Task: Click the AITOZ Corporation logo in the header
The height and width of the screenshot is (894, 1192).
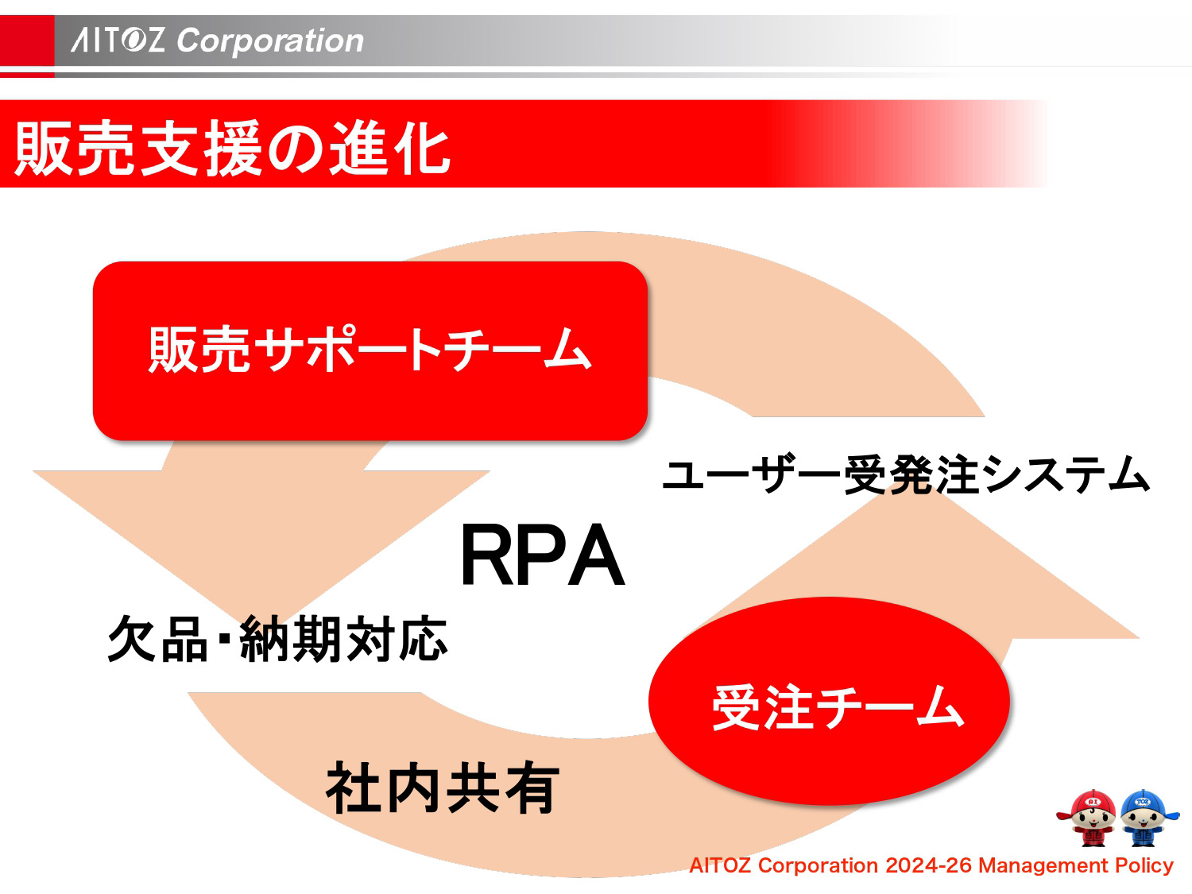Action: pos(217,41)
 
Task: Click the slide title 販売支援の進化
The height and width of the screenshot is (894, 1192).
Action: pos(232,149)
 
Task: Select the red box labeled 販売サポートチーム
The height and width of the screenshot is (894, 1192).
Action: pos(370,350)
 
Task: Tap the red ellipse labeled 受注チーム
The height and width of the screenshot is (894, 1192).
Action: pos(829,702)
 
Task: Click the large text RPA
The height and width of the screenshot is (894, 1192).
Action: pos(542,556)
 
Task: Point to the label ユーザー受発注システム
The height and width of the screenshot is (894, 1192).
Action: pos(905,475)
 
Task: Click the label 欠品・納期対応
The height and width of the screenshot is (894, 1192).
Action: pos(277,639)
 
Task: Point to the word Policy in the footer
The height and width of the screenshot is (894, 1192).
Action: pos(1144,865)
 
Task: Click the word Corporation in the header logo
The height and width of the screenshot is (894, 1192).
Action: pos(270,41)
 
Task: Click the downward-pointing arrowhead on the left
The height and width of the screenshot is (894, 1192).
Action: pos(262,540)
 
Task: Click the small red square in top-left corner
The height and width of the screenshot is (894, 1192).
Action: pos(26,44)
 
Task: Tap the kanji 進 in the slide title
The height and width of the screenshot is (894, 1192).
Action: pos(360,149)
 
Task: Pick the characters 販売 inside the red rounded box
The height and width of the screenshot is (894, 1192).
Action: pos(199,350)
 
